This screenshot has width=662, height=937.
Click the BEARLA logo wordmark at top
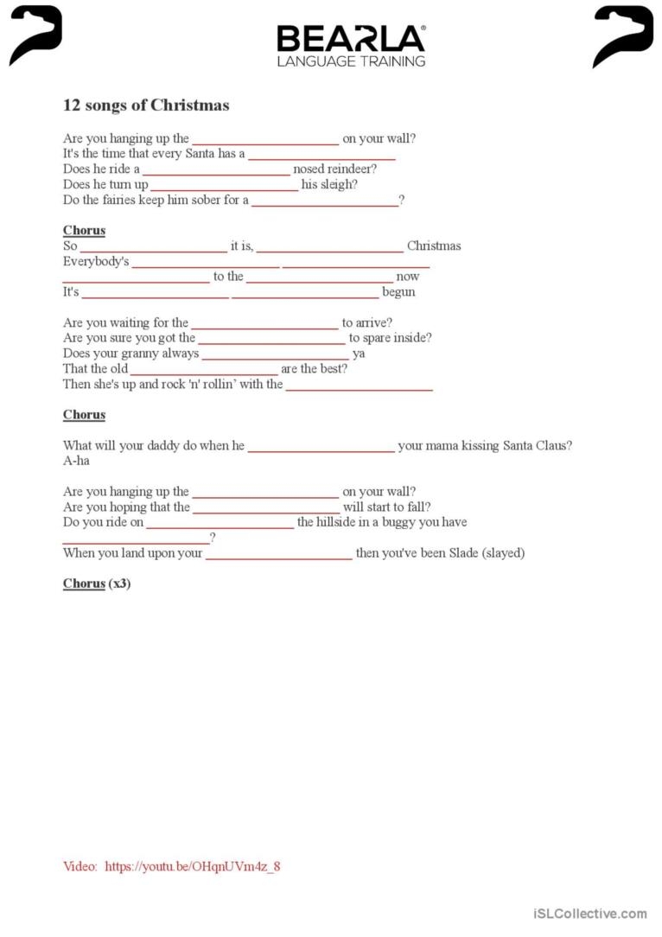pyautogui.click(x=351, y=39)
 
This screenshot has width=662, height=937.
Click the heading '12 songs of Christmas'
pyautogui.click(x=146, y=105)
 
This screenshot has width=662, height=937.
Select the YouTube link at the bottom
pyautogui.click(x=193, y=866)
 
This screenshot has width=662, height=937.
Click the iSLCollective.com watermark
pyautogui.click(x=590, y=913)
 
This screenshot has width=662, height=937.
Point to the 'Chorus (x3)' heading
pyautogui.click(x=97, y=583)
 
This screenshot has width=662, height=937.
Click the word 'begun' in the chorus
pyautogui.click(x=398, y=292)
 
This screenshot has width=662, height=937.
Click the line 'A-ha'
pyautogui.click(x=76, y=461)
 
